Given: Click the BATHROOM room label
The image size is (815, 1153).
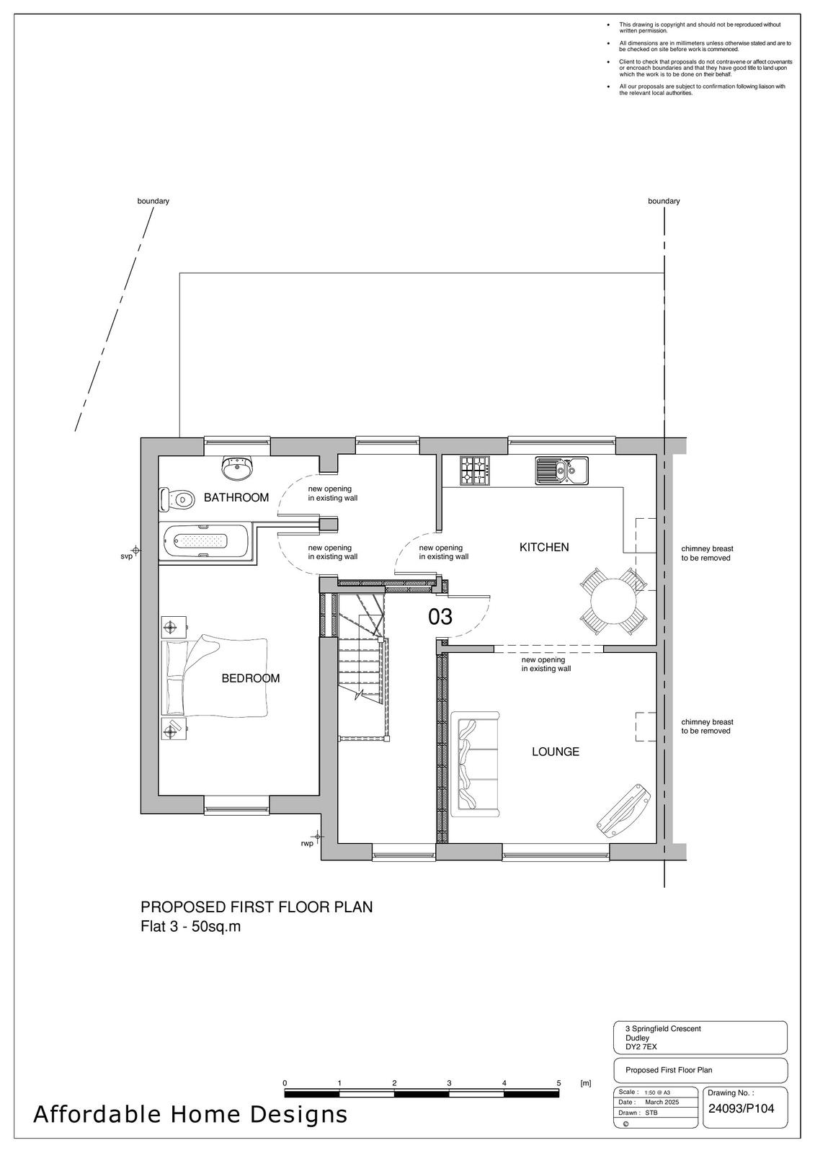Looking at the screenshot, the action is coord(236,498).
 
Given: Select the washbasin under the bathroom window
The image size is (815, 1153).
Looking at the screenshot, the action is coord(237,468).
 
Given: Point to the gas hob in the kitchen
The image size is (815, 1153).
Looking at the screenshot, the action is coord(474,471).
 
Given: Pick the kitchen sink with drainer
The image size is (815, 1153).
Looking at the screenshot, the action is coord(561,471).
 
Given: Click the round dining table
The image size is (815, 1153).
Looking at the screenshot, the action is coord(613,601).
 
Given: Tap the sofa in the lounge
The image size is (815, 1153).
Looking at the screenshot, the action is coord(475,764).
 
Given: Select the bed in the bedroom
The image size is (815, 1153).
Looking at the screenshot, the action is coord(215,677).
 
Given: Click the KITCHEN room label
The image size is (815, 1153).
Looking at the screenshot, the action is coord(544,548).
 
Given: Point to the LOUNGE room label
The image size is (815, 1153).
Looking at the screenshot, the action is coord(556,752).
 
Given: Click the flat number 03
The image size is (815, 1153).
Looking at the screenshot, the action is coord(440,617).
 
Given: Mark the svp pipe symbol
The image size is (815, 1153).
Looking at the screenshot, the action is coord(136,551).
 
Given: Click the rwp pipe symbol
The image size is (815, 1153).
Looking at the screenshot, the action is coord(319,837).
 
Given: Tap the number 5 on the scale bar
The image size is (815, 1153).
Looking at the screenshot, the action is coord(558,1083).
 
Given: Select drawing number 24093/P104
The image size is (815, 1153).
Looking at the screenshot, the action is coord(741,1109).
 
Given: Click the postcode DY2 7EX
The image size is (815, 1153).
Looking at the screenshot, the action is coord(641,1046).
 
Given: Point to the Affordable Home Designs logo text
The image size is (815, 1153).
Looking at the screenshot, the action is coord(190,1115).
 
